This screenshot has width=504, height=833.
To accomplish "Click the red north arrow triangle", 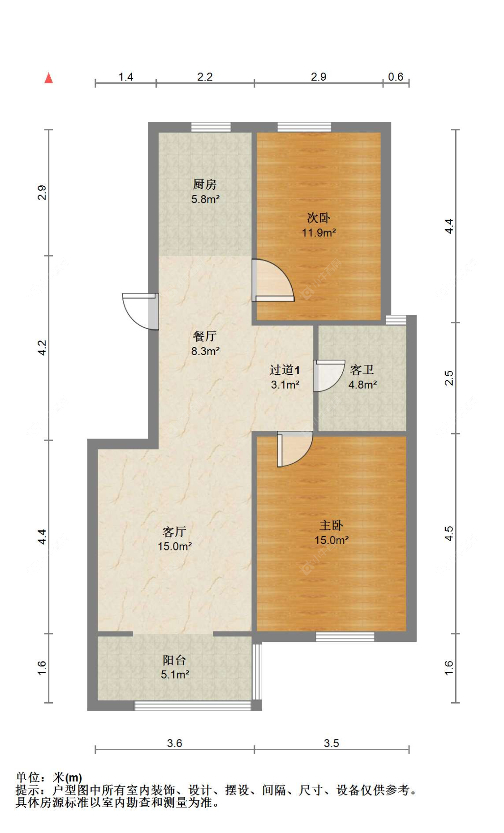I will [49, 78].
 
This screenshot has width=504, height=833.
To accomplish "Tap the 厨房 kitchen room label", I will [205, 184].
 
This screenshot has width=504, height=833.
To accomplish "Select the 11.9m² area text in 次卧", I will [319, 232].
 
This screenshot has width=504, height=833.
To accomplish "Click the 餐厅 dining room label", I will [205, 336].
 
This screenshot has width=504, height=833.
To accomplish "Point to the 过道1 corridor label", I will [284, 369].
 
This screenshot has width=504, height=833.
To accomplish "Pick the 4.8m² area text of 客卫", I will [362, 384].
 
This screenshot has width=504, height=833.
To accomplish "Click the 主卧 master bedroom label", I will [331, 525].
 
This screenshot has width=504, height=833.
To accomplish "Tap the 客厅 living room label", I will [174, 532].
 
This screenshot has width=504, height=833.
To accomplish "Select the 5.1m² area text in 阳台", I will [175, 674].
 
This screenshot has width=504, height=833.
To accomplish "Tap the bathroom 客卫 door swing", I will [327, 375].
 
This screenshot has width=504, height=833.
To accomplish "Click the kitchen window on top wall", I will [211, 127].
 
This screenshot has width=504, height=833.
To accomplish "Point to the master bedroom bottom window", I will [345, 636].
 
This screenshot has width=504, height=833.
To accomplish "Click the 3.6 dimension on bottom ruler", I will [174, 743].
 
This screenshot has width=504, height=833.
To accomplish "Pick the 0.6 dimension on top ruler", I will [396, 77].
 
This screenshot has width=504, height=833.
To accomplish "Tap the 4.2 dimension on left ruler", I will [42, 348].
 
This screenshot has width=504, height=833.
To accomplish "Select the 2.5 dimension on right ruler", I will [449, 378].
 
